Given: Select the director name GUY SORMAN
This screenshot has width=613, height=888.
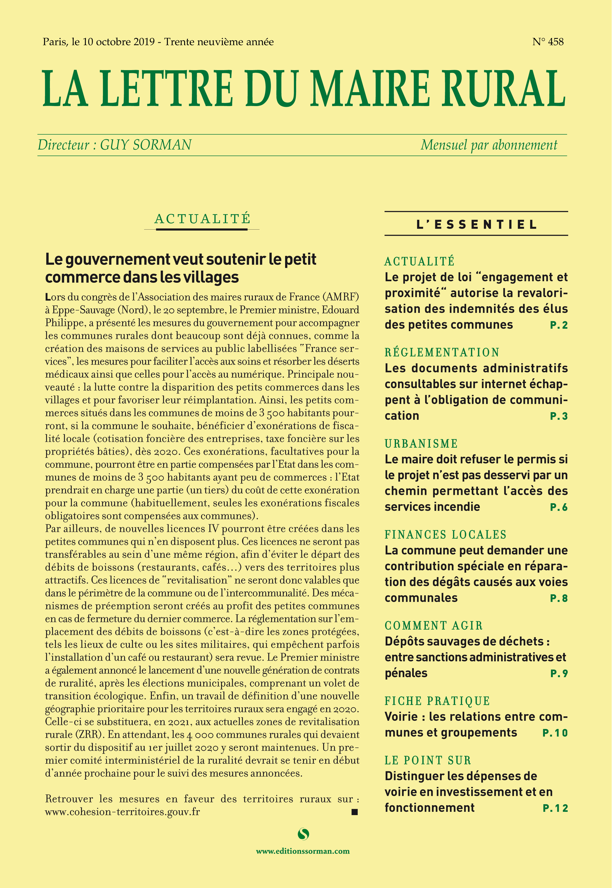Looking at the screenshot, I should point(146,145).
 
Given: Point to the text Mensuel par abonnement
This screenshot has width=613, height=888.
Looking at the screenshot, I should point(489,145).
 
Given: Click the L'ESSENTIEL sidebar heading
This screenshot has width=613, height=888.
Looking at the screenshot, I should point(476,225).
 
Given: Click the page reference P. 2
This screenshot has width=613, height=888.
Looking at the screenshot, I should point(559,325).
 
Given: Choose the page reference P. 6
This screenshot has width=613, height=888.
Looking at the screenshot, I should point(559,507).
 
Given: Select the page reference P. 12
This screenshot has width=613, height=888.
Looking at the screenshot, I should point(555,808).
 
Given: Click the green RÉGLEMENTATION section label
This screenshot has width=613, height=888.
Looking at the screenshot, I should point(442,352).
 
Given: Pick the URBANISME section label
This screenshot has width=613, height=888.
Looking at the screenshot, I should point(421,443).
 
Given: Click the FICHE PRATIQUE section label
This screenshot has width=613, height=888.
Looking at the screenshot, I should point(437,701).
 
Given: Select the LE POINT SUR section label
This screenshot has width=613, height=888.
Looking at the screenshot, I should point(427,760).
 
